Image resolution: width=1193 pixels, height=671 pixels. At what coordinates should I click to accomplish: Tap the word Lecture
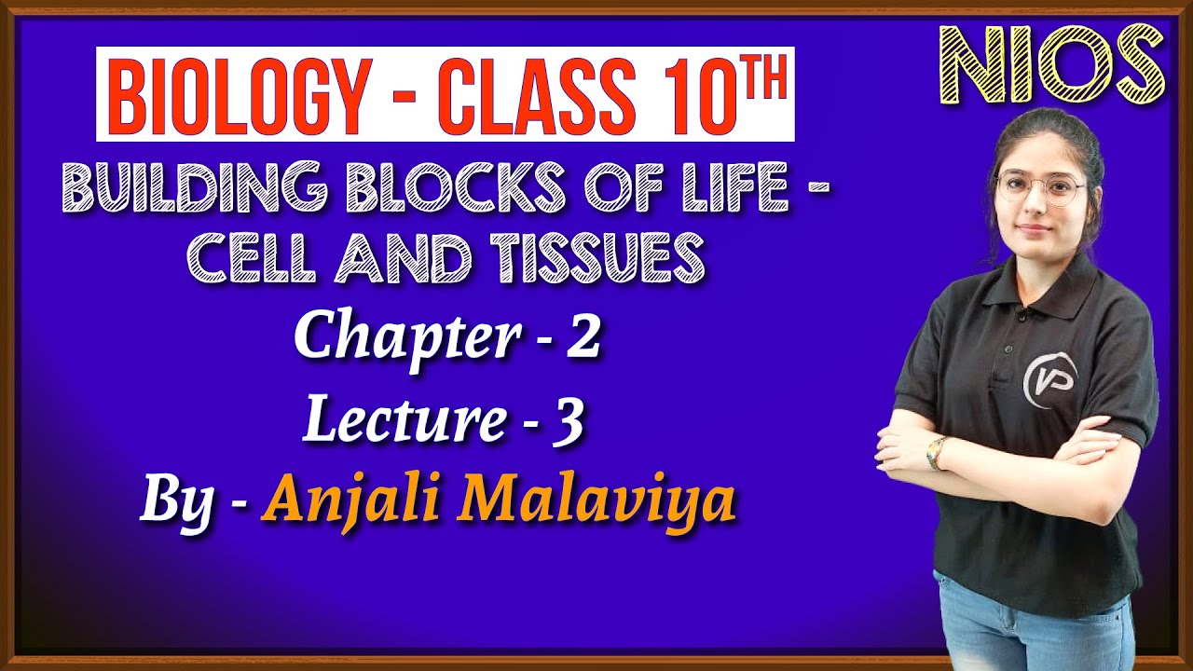pyautogui.click(x=402, y=420)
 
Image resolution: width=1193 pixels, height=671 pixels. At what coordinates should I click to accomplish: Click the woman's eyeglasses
pyautogui.click(x=1040, y=190)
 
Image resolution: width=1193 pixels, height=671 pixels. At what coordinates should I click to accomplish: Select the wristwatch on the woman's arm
pyautogui.click(x=936, y=453)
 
